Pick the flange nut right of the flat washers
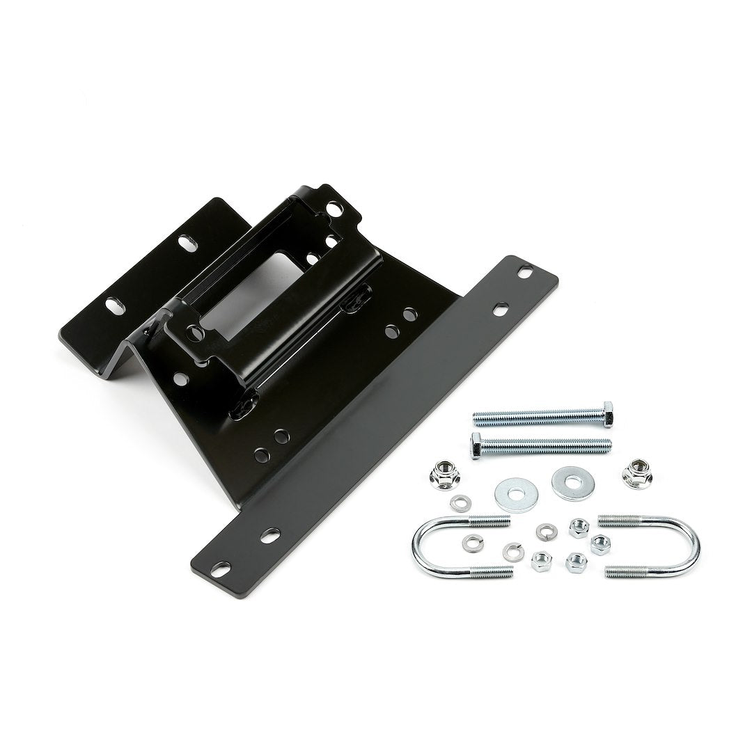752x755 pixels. (x=635, y=475)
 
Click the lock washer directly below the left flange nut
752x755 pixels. (x=459, y=502)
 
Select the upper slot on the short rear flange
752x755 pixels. (x=187, y=242)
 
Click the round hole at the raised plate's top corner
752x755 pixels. (x=335, y=208)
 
